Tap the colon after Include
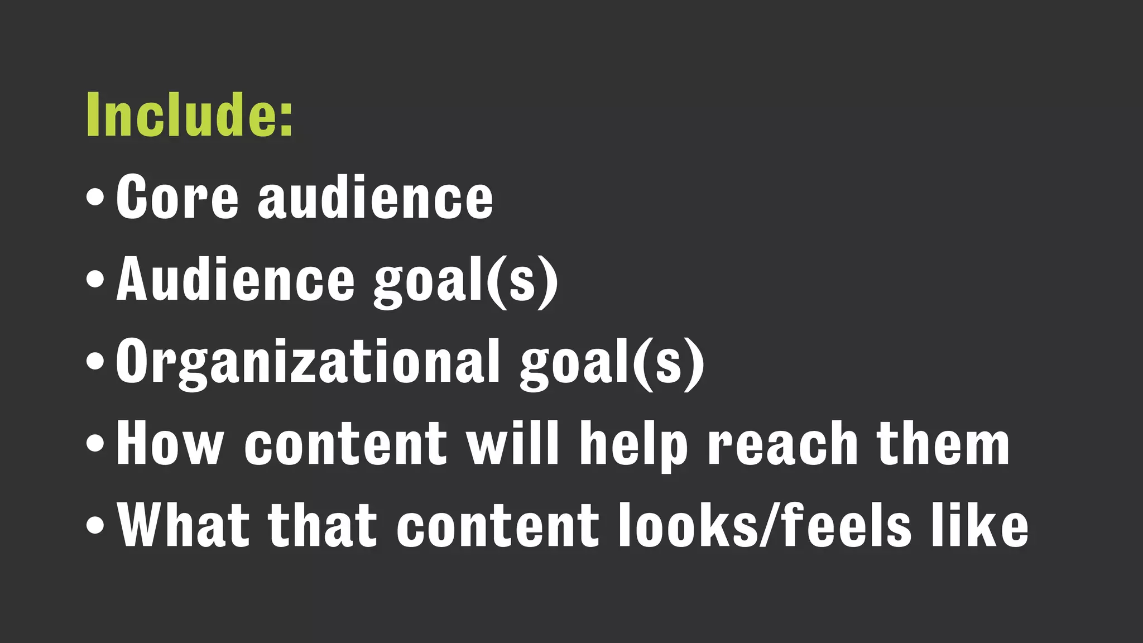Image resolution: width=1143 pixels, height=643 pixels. pyautogui.click(x=286, y=118)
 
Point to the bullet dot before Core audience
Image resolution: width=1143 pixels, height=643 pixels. pyautogui.click(x=95, y=198)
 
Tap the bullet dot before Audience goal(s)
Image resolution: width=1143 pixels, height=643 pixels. pyautogui.click(x=95, y=280)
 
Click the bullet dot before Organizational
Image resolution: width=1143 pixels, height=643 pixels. pyautogui.click(x=95, y=362)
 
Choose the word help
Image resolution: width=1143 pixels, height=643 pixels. pyautogui.click(x=633, y=445)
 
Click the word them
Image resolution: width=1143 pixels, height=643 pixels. pyautogui.click(x=943, y=444)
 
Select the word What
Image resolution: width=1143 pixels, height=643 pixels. pyautogui.click(x=183, y=525)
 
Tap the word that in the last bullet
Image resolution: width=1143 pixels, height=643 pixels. pyautogui.click(x=323, y=525)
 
